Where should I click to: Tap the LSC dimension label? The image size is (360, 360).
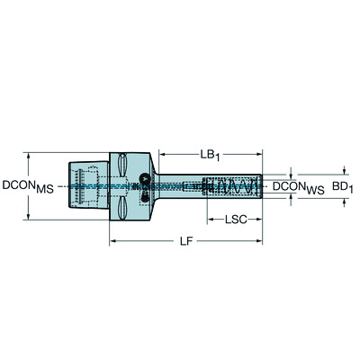click(x=234, y=218)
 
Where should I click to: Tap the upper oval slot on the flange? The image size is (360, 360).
click(x=121, y=165)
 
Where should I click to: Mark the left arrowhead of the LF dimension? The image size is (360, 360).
click(x=112, y=241)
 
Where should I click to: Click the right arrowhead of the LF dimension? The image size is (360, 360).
click(x=260, y=241)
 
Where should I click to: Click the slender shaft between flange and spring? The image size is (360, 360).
click(x=180, y=187)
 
